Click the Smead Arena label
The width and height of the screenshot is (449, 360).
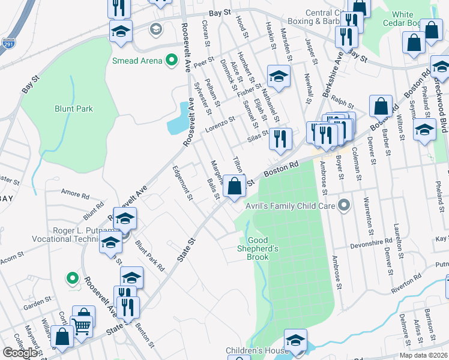point(137,61)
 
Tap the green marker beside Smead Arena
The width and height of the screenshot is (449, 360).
point(171,60)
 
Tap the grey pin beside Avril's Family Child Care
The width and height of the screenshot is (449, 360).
point(344,206)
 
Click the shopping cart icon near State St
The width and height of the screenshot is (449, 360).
point(82,326)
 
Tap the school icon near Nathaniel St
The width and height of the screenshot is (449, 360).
point(279,76)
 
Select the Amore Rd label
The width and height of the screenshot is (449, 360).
point(75,193)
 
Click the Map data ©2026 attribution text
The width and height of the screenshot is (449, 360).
point(424,355)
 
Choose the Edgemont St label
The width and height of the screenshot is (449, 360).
point(182,183)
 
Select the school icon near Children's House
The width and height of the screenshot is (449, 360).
point(295,340)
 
